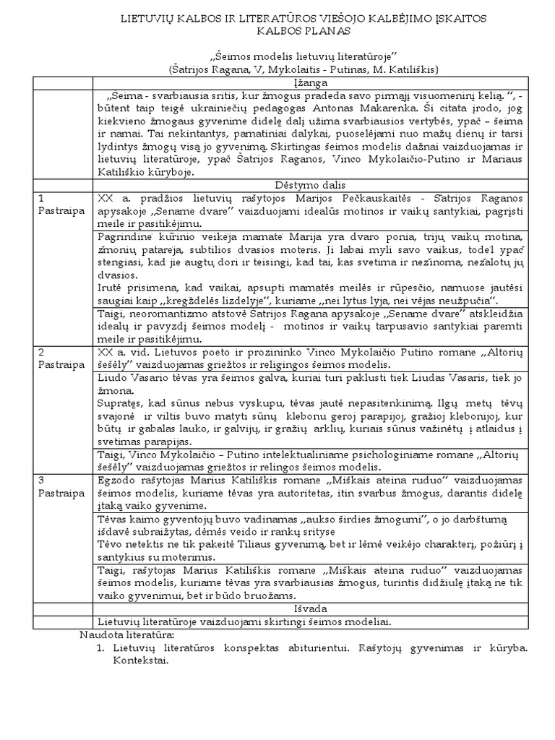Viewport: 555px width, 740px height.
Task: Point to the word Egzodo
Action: pyautogui.click(x=116, y=478)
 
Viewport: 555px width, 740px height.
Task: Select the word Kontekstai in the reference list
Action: pyautogui.click(x=141, y=660)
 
